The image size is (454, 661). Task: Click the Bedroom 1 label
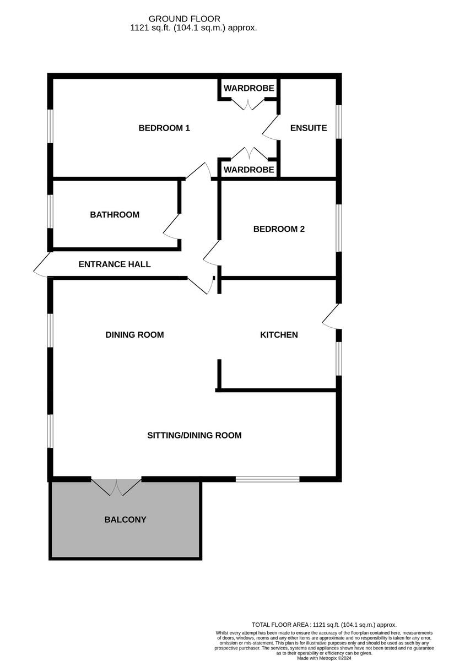(164, 128)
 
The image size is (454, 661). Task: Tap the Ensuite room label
(309, 128)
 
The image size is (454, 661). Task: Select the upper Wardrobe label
(248, 88)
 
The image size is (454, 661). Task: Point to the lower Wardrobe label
(248, 170)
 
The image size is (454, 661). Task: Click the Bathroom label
(115, 215)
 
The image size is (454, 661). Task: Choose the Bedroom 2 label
(279, 229)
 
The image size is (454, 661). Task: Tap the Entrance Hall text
(115, 264)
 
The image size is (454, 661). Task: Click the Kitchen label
(279, 335)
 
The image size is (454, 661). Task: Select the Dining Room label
(134, 335)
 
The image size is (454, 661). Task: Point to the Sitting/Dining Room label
(194, 436)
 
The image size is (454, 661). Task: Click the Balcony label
(125, 519)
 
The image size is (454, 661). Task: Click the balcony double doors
(116, 486)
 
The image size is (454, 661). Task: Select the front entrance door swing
(42, 266)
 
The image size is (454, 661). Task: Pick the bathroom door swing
(171, 227)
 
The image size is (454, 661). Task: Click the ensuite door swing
(270, 128)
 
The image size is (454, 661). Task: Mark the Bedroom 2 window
(339, 229)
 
